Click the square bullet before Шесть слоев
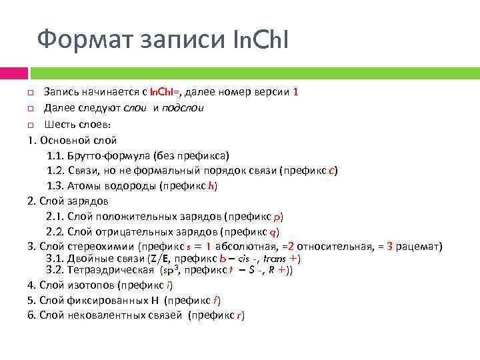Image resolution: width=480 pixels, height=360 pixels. tap(31, 125)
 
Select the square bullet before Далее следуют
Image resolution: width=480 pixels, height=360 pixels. tap(31, 108)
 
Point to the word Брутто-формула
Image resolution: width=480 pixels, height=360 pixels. tap(108, 156)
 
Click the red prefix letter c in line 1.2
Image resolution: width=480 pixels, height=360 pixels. tap(332, 171)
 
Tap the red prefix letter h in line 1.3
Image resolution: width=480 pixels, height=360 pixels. tap(212, 187)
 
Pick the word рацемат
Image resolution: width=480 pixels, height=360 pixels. tap(419, 247)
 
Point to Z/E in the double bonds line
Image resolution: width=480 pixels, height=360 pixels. tap(157, 259)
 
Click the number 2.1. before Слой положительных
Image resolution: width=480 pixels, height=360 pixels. tap(55, 217)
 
